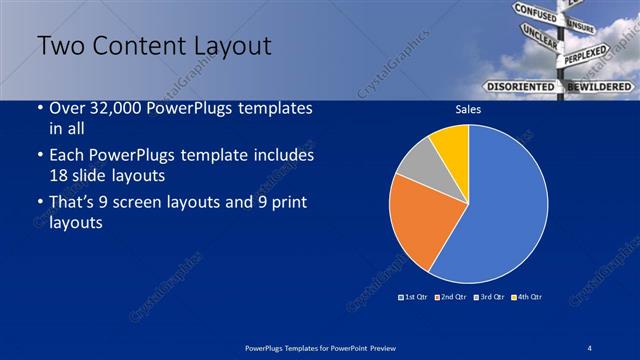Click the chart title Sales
(469, 112)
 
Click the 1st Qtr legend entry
(412, 297)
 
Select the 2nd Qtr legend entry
(452, 297)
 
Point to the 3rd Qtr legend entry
(491, 297)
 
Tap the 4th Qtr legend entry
(527, 297)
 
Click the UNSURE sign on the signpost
(582, 26)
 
